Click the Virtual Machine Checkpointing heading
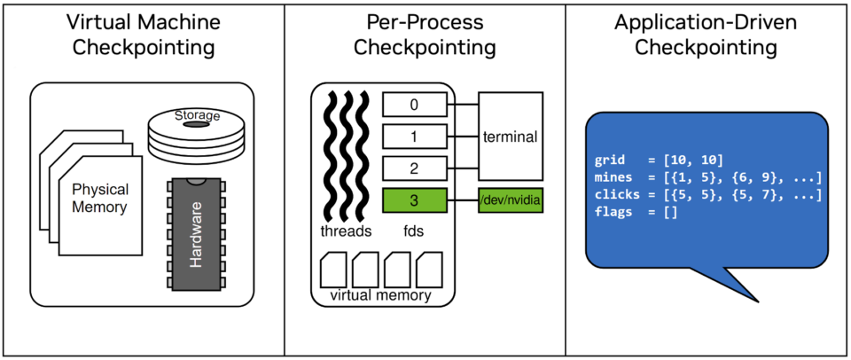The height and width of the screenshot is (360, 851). (143, 34)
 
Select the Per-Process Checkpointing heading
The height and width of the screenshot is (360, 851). (425, 34)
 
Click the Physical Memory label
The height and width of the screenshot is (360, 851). (100, 198)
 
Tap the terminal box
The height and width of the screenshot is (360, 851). (511, 137)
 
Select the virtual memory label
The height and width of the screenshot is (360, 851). (380, 295)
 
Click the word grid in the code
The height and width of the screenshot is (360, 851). (610, 160)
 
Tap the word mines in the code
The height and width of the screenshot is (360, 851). (613, 177)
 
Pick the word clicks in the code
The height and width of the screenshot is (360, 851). (616, 195)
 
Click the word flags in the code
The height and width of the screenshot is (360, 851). (613, 213)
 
